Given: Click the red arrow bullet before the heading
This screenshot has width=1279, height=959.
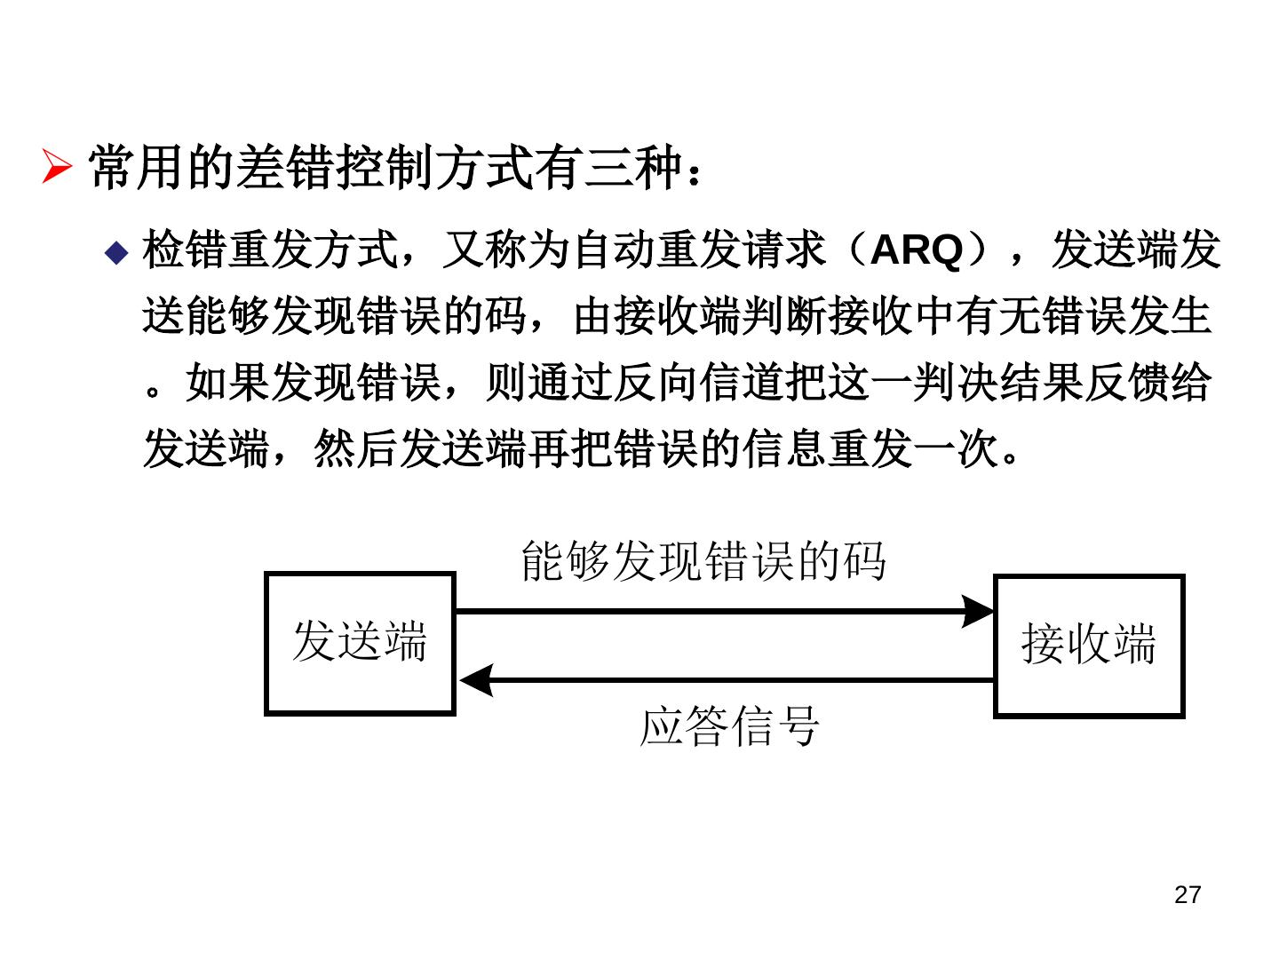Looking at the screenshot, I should (x=57, y=166).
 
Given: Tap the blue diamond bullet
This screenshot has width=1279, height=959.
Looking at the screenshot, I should (x=116, y=252).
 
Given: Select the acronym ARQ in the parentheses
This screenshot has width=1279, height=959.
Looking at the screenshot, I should (x=917, y=250).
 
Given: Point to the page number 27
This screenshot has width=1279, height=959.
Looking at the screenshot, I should (x=1187, y=894).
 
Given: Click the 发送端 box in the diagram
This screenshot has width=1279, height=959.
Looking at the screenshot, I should (x=360, y=643).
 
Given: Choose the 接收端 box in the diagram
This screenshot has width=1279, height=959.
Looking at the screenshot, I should (x=1088, y=646).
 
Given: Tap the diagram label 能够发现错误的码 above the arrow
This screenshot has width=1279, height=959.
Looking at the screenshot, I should (x=703, y=561).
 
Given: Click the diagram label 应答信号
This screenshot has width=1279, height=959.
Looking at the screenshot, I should (x=729, y=726).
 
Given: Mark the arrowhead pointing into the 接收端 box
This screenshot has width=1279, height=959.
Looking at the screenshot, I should (x=978, y=612).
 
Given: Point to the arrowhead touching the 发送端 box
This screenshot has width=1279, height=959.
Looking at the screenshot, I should (x=476, y=680).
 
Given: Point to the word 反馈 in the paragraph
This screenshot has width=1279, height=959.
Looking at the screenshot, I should (x=1128, y=384).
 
